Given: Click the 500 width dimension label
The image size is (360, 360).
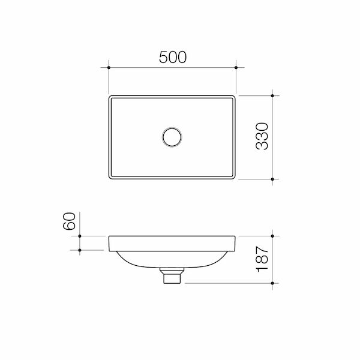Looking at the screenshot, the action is click(173, 57).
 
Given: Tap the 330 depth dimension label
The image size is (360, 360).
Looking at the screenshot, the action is click(262, 136).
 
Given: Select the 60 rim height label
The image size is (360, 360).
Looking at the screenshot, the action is click(69, 221).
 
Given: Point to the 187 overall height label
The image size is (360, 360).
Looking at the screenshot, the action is click(262, 259).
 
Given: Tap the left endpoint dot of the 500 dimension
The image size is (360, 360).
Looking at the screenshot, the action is click(109, 67).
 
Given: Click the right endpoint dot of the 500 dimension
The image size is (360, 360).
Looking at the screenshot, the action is click(236, 67).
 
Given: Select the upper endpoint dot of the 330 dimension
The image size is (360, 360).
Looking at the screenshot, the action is click(272, 95).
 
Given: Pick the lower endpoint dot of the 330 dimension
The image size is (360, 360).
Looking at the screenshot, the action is click(272, 179).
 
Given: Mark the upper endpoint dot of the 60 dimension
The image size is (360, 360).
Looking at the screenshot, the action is click(80, 236).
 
